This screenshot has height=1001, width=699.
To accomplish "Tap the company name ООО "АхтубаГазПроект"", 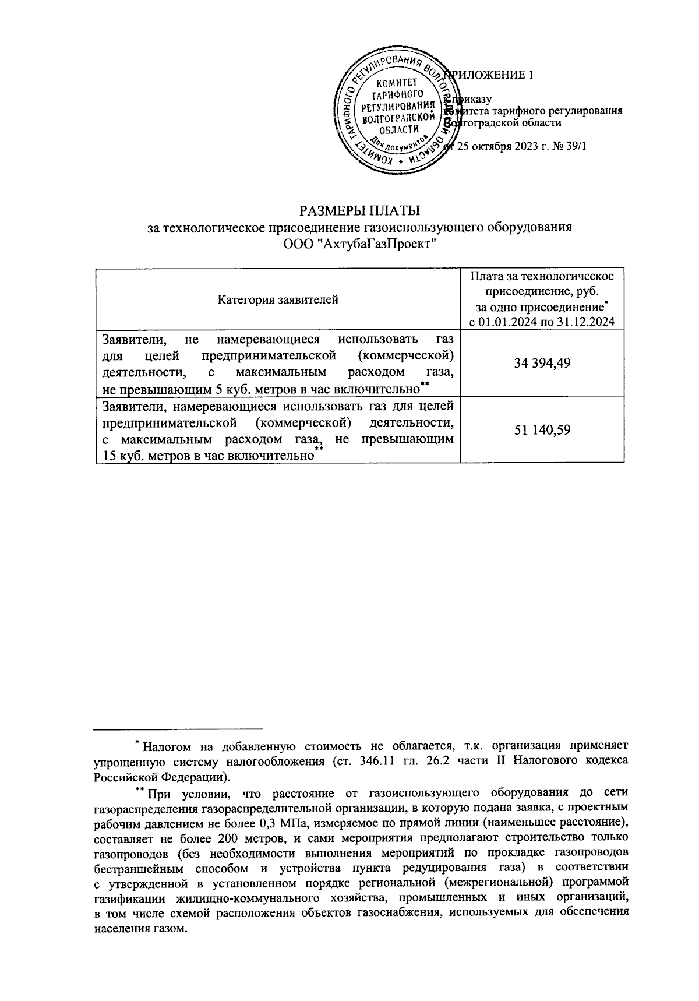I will coord(359,243).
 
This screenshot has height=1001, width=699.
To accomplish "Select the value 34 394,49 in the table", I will coord(542,363).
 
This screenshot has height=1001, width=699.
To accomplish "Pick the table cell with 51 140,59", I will coord(542,430).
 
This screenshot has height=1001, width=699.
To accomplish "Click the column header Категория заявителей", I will coord(278,300).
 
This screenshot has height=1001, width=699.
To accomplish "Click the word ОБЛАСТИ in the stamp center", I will coord(398,129).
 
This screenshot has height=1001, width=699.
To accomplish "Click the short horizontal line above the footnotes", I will coord(178,728).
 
